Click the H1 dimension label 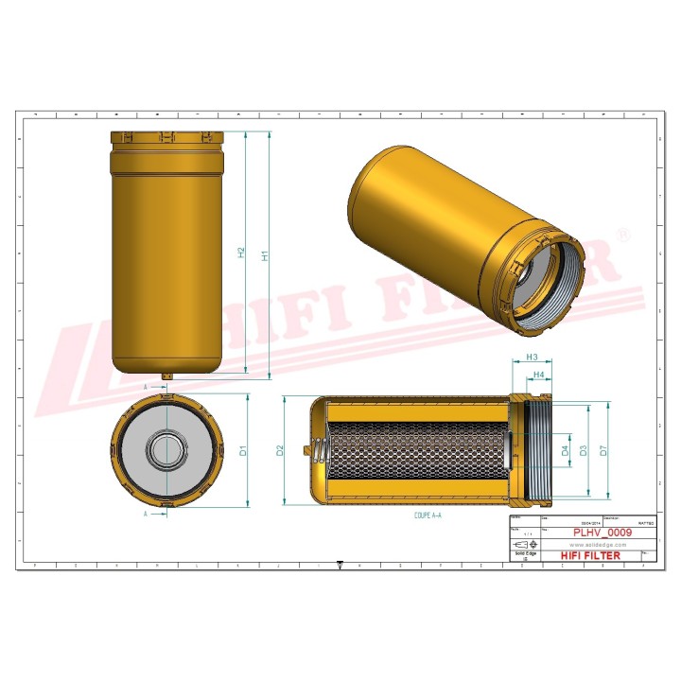point(266,254)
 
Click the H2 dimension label point(241,253)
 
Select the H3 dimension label point(532,358)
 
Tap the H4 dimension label point(539,375)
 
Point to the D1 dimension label point(243,451)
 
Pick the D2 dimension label point(280,450)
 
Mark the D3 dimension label point(584,451)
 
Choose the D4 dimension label point(566,451)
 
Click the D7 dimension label point(604,451)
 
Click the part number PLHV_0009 point(602,533)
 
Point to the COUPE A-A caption point(428,516)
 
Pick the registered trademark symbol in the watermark point(621,233)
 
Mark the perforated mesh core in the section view point(416,451)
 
